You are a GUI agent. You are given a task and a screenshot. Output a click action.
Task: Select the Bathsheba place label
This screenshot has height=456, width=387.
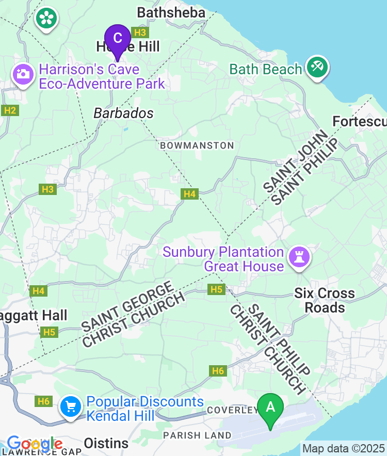tap(171, 12)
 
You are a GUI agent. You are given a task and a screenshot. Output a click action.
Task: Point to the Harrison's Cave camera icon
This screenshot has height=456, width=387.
tap(22, 74)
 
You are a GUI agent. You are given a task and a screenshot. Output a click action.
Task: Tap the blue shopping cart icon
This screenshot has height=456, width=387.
tap(71, 408)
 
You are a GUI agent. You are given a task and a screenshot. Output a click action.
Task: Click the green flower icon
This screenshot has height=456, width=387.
tap(46, 19)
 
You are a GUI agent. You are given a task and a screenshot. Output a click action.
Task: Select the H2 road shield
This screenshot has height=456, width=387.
tap(10, 110)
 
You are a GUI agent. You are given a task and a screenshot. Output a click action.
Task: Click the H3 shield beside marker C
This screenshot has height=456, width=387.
tap(139, 32)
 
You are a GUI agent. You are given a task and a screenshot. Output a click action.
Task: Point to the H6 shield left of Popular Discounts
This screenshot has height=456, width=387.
tap(43, 401)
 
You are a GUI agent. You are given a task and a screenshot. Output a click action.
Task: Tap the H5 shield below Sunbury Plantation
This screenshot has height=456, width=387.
tap(217, 289)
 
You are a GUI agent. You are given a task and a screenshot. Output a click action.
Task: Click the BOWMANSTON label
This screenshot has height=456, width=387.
tap(197, 145)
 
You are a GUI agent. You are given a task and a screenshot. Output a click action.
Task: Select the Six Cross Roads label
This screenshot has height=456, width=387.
tap(325, 300)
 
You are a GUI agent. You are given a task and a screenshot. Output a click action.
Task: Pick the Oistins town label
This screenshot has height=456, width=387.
tap(106, 443)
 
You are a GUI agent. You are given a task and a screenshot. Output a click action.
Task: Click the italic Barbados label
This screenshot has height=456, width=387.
tap(123, 113)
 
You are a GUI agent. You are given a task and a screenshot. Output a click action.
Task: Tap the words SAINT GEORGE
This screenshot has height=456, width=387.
tap(126, 306)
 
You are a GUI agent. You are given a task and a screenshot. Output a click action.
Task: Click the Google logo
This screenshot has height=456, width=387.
tap(35, 444)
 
